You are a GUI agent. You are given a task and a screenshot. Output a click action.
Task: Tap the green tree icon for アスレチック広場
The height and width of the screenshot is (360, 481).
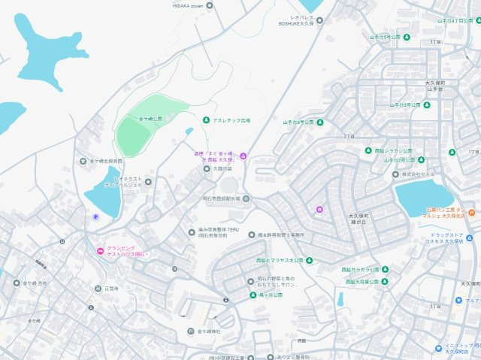pyautogui.click(x=206, y=120)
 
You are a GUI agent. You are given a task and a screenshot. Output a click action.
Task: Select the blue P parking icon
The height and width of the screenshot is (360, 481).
pyautogui.click(x=95, y=217)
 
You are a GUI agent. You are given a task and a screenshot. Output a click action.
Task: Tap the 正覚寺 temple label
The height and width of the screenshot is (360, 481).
pyautogui.click(x=112, y=289)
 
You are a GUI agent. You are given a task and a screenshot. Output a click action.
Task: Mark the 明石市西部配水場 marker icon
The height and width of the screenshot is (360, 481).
pyautogui.click(x=247, y=198)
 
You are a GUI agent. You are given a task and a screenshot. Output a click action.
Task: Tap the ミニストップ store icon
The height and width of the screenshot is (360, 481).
pyautogui.click(x=437, y=347)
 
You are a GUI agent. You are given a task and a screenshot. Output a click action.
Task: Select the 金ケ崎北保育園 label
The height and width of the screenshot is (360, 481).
pyautogui.click(x=106, y=161)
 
